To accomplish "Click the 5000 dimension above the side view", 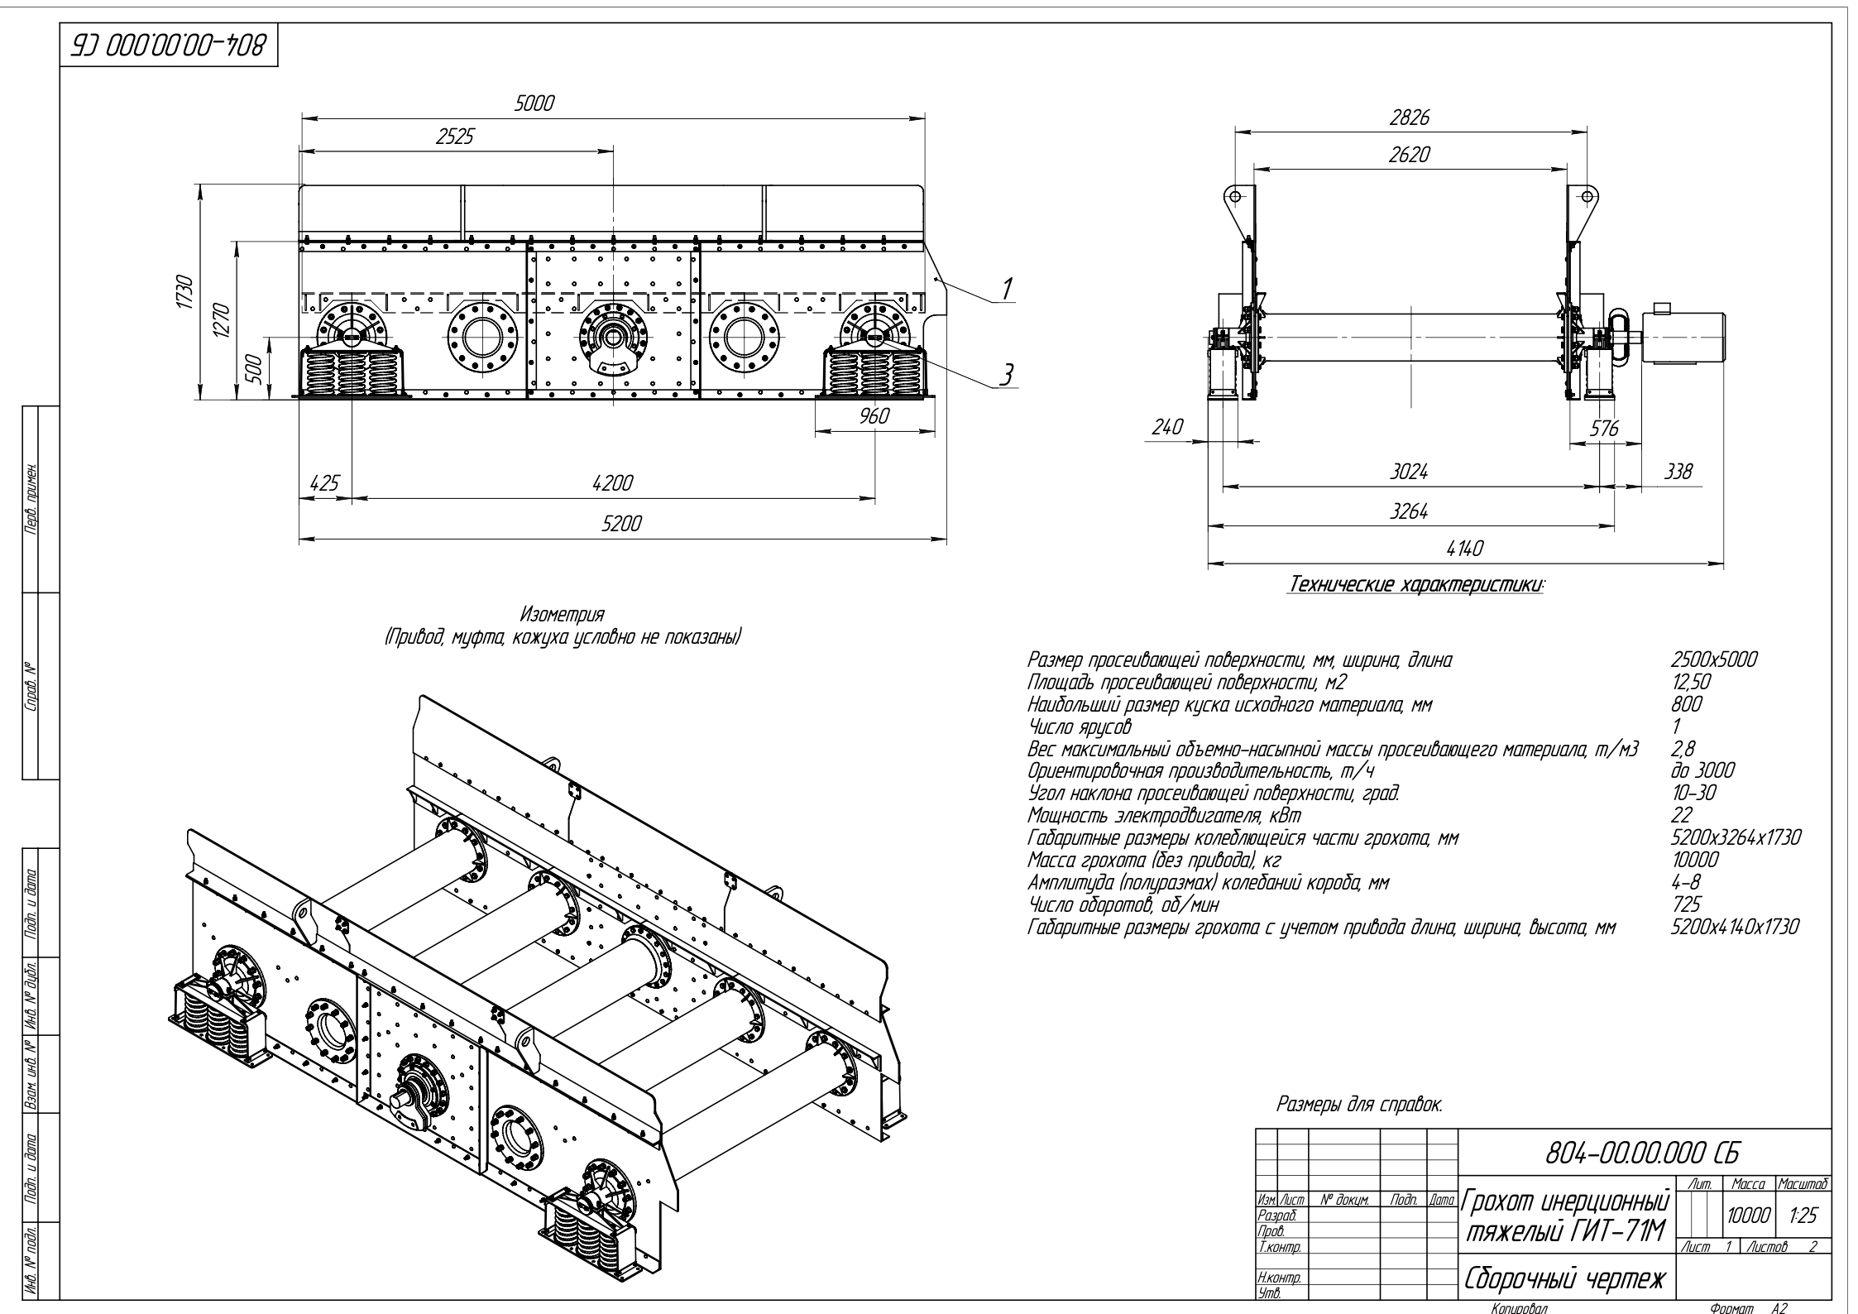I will pos(534,103).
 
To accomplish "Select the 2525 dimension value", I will pos(454,137).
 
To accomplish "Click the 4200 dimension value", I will pos(612,483).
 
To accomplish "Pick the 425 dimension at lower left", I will pos(323,483).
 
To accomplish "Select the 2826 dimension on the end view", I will pos(1409,117).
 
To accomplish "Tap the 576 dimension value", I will pos(1604,428).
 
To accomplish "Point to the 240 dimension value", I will pos(1166,427).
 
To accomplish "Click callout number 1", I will pos(1007,289).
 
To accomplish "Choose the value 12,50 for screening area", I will pos(1691,683).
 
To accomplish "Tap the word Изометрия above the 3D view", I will pos(563,616).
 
